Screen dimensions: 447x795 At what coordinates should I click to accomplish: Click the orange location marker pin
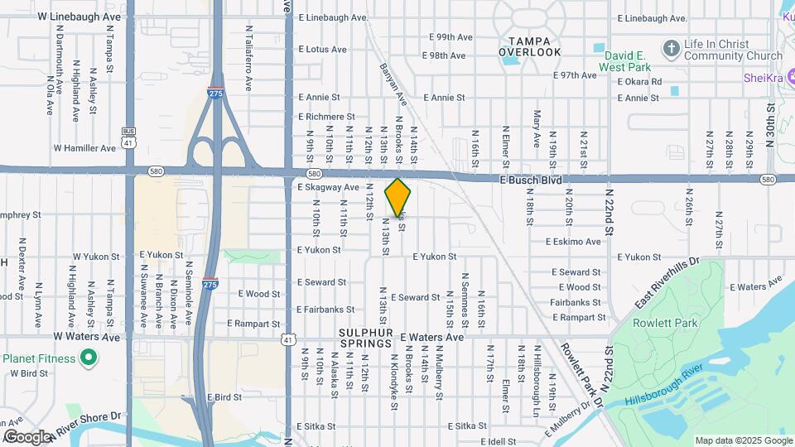click(398, 197)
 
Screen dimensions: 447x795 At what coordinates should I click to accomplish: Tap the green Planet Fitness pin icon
click(89, 359)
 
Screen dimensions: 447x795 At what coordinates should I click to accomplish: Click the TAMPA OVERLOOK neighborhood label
click(530, 46)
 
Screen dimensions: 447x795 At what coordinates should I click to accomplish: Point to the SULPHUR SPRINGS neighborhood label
click(364, 337)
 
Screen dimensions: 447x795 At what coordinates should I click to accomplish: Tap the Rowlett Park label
click(666, 323)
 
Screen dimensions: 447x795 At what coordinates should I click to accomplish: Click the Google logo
click(26, 437)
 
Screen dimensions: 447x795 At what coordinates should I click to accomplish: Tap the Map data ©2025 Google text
click(743, 440)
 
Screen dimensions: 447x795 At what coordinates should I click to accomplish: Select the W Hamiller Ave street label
click(85, 148)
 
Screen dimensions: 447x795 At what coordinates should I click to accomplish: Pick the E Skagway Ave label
click(328, 188)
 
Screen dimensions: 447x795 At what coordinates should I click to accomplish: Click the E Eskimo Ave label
click(573, 242)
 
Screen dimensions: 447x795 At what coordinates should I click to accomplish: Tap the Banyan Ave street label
click(394, 84)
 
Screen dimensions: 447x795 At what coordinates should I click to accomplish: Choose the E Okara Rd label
click(639, 81)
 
